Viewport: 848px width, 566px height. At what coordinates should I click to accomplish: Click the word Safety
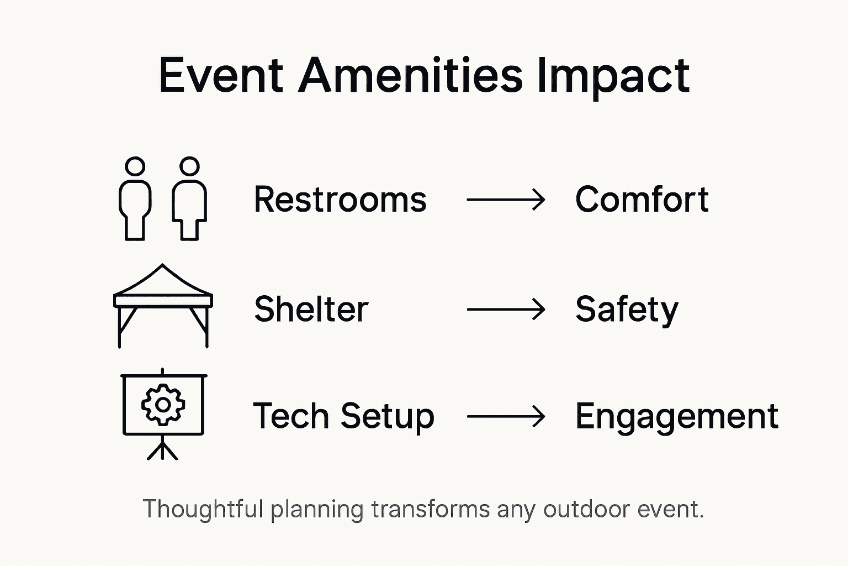626,310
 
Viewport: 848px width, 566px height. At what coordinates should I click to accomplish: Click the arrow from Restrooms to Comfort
506,200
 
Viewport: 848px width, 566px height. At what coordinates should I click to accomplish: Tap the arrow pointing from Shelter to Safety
506,309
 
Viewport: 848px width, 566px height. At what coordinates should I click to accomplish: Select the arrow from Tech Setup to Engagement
506,416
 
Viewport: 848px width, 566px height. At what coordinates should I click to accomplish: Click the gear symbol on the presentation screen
163,405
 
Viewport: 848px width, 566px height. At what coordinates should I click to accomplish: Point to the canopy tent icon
163,304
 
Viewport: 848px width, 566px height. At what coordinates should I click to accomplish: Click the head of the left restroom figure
135,166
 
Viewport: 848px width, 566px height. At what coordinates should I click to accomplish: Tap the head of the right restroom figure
189,166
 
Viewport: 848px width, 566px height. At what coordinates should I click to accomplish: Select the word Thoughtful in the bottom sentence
203,509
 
